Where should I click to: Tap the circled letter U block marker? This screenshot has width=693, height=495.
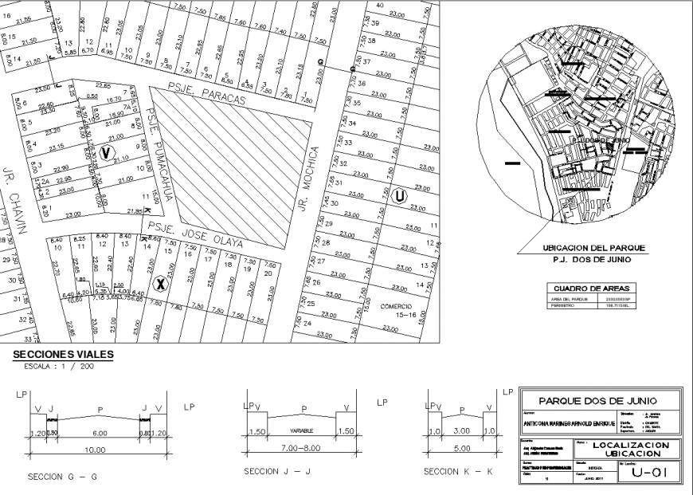tap(399, 194)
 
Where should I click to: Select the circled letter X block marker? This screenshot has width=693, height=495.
tap(159, 284)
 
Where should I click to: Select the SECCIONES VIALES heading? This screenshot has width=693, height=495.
tap(60, 354)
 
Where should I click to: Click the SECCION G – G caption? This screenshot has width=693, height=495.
tap(62, 477)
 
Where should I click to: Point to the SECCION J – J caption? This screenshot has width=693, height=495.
tap(282, 473)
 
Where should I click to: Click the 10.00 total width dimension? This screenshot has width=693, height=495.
tap(96, 450)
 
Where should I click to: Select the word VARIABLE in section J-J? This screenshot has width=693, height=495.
tap(300, 430)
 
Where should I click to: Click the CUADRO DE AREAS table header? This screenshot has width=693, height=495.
tap(589, 288)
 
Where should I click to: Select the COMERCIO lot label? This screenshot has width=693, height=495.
tap(396, 305)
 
